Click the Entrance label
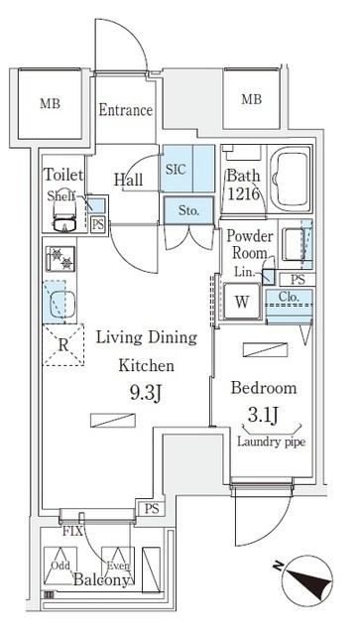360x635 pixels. click(x=125, y=110)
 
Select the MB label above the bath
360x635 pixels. click(x=251, y=99)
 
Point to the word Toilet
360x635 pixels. click(x=62, y=175)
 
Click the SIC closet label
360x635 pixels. click(x=176, y=169)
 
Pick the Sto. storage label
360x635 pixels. click(x=187, y=210)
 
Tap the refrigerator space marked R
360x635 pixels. click(x=63, y=346)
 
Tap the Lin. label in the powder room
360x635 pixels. click(x=242, y=271)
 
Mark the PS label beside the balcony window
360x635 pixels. click(x=151, y=509)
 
